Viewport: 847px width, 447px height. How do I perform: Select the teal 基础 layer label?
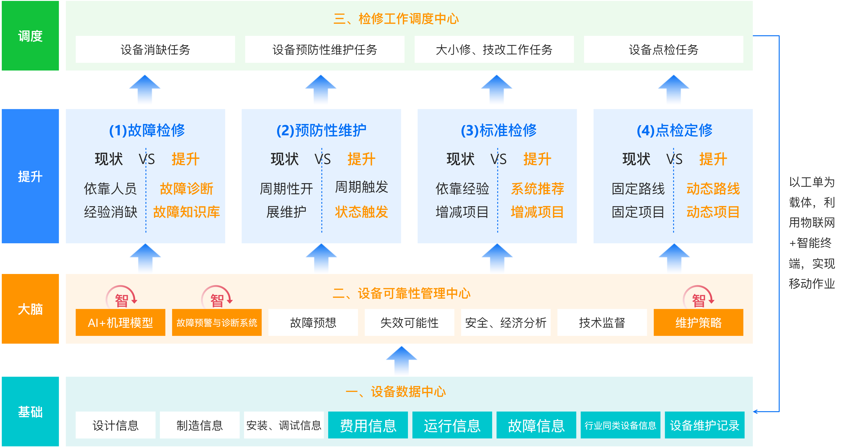tap(30, 412)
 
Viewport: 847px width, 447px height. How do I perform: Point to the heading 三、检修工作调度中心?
tap(396, 19)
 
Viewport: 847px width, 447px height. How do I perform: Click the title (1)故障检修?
tap(147, 130)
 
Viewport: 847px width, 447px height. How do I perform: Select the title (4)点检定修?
tap(674, 130)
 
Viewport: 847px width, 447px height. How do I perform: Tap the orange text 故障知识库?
tap(186, 212)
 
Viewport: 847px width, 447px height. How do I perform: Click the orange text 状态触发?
tap(361, 212)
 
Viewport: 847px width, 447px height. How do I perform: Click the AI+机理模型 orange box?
tap(120, 322)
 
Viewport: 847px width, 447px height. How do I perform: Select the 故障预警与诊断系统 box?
tap(217, 322)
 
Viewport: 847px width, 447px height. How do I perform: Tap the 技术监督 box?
tap(602, 322)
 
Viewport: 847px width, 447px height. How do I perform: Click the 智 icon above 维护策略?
tap(699, 298)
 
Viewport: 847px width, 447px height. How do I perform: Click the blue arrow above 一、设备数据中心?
tap(401, 360)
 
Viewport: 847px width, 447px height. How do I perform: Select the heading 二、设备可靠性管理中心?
tap(401, 293)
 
